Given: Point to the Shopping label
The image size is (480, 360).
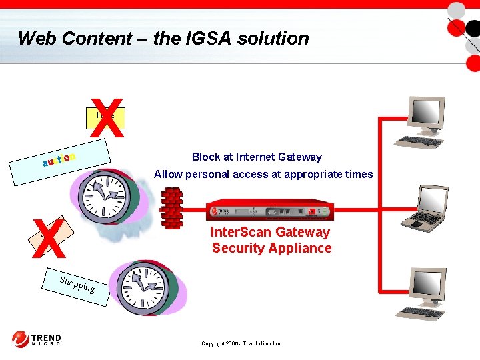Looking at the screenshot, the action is (77, 285).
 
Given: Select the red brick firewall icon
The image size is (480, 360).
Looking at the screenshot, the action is (171, 208).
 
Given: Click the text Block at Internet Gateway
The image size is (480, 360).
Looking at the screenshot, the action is (257, 157).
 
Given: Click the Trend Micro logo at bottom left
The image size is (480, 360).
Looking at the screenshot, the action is (37, 339).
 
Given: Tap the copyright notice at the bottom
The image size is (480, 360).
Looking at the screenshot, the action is (241, 343).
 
